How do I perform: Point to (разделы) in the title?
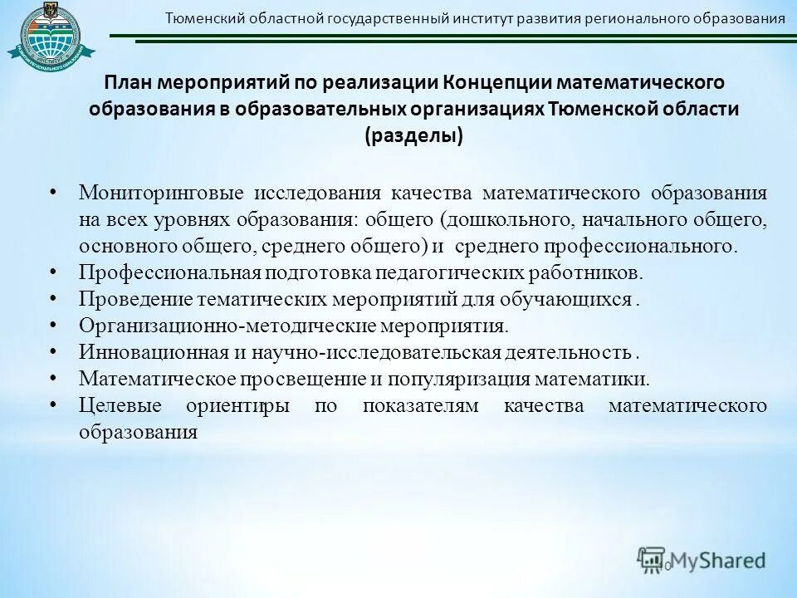[x=413, y=136]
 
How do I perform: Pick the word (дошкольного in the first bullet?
[x=497, y=219]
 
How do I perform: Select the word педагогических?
[x=440, y=272]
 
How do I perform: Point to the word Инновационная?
[x=154, y=352]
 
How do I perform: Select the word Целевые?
[x=115, y=406]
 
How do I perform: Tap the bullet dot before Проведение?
[x=52, y=298]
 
